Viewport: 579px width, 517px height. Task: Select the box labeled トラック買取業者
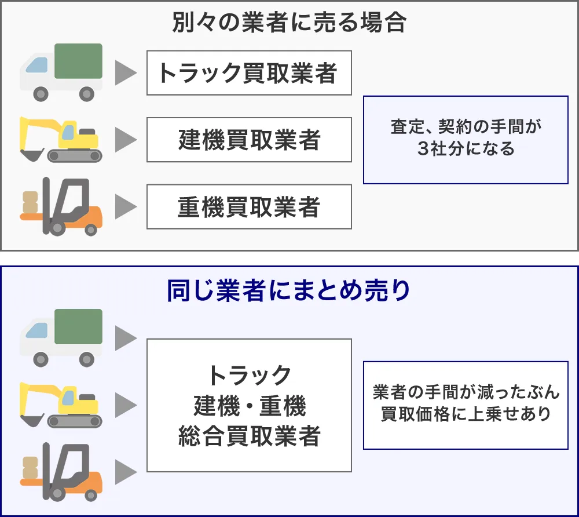249,73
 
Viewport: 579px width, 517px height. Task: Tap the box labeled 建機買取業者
249,140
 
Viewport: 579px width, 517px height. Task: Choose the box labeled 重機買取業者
249,207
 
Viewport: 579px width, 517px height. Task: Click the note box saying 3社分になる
466,140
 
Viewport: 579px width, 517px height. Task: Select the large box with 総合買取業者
249,405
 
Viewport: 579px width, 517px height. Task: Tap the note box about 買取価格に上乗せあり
466,405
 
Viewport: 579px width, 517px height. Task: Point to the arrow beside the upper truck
125,73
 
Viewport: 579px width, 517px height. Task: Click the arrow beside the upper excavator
125,140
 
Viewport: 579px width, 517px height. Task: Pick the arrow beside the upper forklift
125,207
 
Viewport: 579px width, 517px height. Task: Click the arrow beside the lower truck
125,338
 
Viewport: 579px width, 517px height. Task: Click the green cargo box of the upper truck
79,61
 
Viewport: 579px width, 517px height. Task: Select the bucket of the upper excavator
31,155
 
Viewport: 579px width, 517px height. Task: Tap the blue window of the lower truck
37,330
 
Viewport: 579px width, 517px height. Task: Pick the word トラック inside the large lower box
249,376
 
